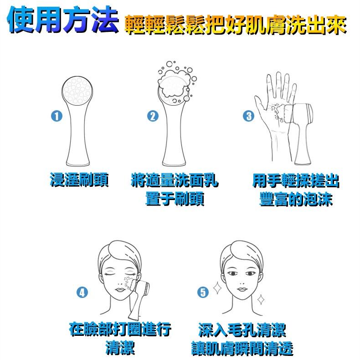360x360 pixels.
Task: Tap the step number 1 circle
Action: click(x=57, y=116)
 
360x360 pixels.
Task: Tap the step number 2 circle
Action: click(x=152, y=116)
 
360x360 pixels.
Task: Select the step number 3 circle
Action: click(x=249, y=116)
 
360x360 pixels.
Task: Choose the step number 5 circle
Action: click(x=203, y=292)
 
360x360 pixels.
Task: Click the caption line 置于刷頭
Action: click(x=175, y=199)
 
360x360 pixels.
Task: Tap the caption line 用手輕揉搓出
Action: click(x=296, y=180)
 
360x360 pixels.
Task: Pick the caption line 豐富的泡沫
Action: click(x=296, y=200)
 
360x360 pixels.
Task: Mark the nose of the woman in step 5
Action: click(x=241, y=279)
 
